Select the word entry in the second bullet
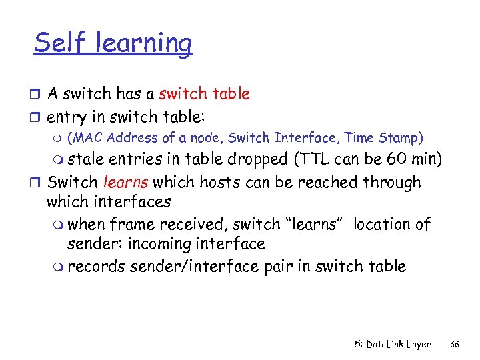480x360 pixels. coord(67,117)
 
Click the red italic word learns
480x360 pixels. coord(126,181)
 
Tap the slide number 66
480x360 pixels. coord(455,345)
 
